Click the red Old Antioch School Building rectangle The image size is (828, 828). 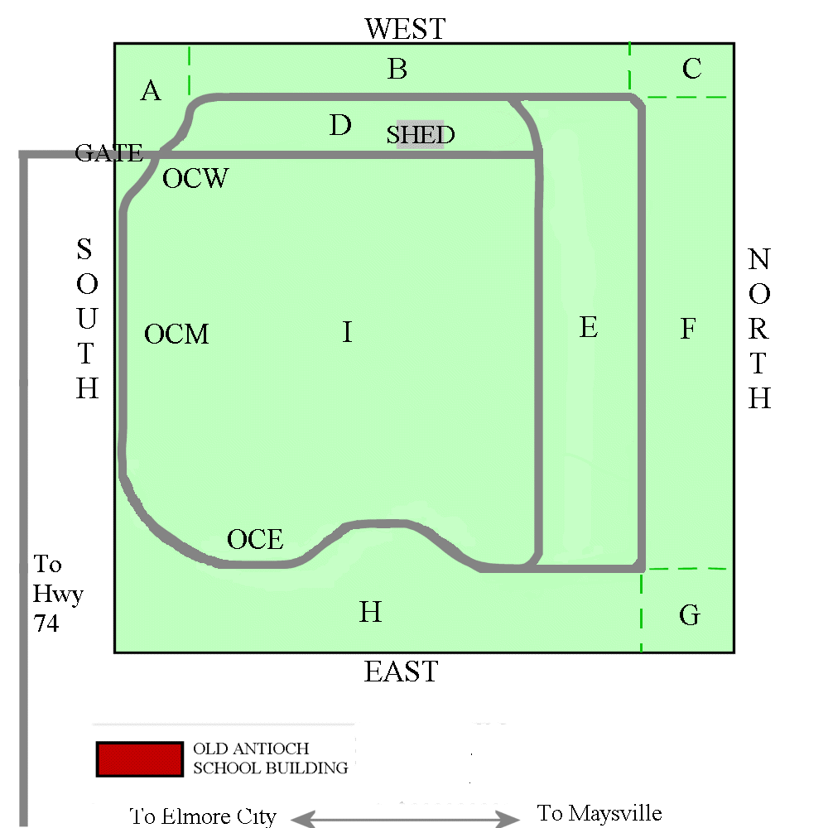[139, 758]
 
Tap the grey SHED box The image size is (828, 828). [421, 134]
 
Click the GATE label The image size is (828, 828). [108, 153]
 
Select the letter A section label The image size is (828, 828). [151, 91]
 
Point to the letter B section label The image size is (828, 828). [397, 70]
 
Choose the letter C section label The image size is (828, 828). [692, 69]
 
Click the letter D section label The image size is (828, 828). [340, 126]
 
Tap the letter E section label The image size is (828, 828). [588, 328]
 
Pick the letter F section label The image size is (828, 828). [688, 330]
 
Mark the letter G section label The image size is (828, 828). [689, 616]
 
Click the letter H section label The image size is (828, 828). [370, 613]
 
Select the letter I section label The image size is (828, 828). [347, 333]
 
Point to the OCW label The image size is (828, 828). [195, 179]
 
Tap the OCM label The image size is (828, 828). [176, 335]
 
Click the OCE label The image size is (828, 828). [255, 540]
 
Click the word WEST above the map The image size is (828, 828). [405, 30]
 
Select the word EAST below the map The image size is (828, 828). [401, 672]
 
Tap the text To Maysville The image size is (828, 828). [599, 813]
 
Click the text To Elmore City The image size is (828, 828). [203, 816]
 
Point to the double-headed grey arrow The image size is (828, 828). [405, 819]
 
